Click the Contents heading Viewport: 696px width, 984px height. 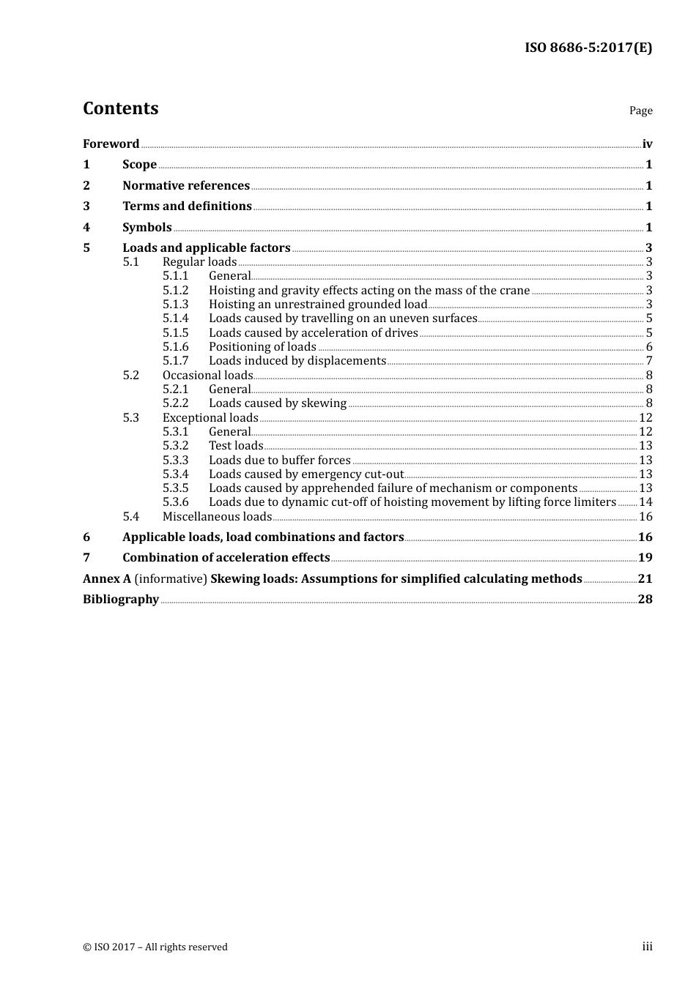[121, 108]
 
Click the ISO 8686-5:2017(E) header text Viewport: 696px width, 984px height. [588, 48]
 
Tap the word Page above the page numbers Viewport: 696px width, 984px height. [640, 111]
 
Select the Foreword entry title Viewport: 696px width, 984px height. [111, 144]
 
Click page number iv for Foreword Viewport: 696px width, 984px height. [647, 144]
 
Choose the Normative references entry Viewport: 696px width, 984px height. [186, 186]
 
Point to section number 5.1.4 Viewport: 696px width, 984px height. [176, 318]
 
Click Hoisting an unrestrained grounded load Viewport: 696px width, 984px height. [318, 305]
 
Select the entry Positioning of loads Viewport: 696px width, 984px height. [262, 347]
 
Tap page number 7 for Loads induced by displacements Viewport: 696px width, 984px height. [649, 361]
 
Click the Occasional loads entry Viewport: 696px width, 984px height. [207, 376]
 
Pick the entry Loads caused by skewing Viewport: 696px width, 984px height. [278, 403]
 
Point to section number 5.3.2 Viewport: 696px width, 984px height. [176, 446]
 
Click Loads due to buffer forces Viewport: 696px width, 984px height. [280, 461]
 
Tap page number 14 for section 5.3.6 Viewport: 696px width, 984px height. [645, 502]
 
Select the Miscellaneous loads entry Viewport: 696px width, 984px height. [217, 517]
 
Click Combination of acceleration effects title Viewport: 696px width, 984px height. [226, 558]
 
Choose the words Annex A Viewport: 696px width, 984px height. [107, 579]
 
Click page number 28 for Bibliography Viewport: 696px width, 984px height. [645, 600]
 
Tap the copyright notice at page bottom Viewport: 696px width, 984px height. [155, 947]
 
